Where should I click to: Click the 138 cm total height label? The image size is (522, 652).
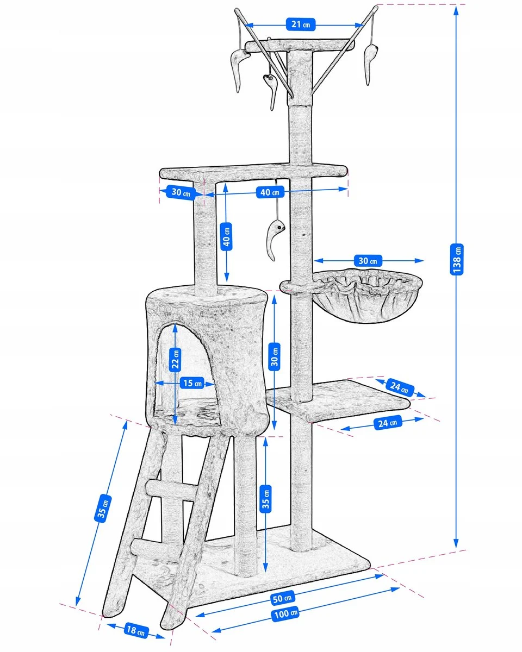(x=456, y=259)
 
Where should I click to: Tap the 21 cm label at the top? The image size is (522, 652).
(x=300, y=24)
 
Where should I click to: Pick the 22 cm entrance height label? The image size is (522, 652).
(x=175, y=360)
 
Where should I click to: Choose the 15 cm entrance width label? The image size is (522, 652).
(x=192, y=383)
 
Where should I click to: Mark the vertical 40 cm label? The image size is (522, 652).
(x=226, y=236)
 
